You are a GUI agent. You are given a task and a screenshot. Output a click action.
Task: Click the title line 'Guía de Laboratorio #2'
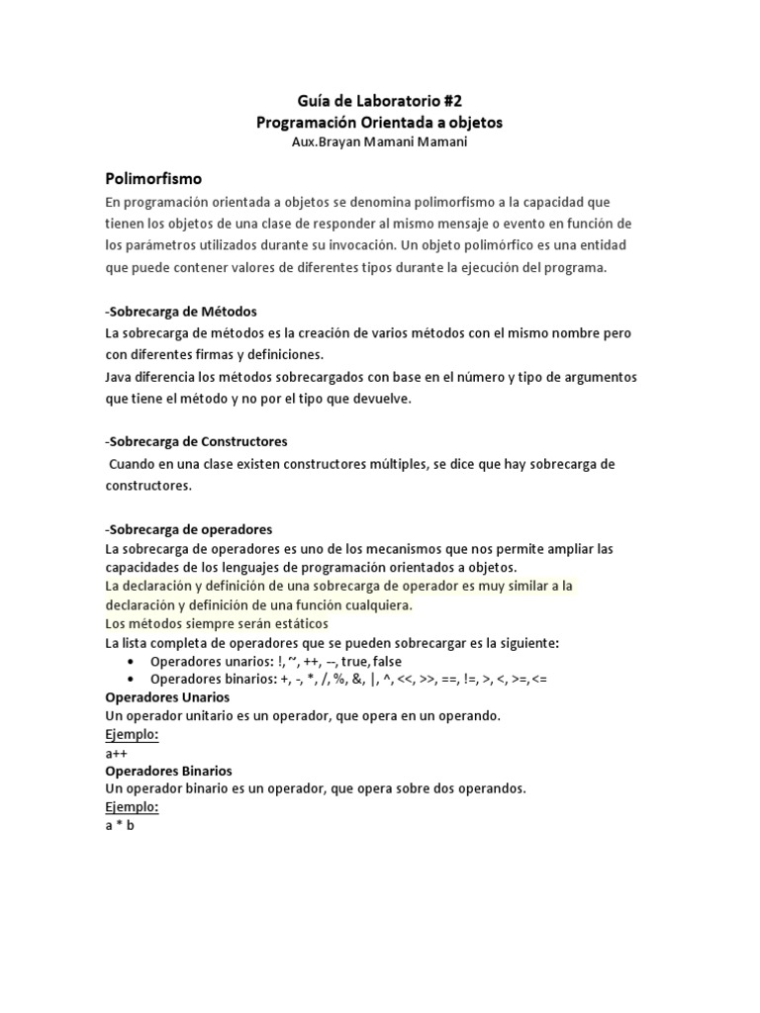pos(380,101)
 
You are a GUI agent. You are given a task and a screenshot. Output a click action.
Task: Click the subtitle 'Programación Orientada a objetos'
pos(380,123)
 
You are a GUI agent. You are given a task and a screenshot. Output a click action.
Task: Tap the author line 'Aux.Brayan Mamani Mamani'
pos(380,141)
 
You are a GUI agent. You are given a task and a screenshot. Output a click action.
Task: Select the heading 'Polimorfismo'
pos(153,179)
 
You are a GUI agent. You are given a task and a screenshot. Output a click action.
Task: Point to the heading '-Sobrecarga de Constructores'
pos(196,441)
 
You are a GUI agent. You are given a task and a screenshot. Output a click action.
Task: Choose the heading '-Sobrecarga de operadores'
pos(189,529)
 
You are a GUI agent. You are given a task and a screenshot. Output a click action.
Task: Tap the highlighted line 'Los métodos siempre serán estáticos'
pos(217,624)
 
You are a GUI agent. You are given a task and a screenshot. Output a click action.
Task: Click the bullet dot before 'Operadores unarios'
pos(132,661)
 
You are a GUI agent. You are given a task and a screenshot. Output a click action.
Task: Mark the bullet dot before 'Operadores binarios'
pos(132,680)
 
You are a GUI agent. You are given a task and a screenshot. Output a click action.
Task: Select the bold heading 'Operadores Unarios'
pos(167,697)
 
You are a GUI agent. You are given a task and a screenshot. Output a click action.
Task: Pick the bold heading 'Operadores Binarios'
pos(168,771)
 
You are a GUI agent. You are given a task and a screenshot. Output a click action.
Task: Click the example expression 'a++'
pos(117,753)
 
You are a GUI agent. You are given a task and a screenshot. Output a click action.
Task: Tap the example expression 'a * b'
pos(120,826)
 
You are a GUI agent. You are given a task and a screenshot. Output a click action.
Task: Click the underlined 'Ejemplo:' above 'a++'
pos(132,735)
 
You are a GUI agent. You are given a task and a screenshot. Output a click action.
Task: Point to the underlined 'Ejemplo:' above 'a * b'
pos(132,807)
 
